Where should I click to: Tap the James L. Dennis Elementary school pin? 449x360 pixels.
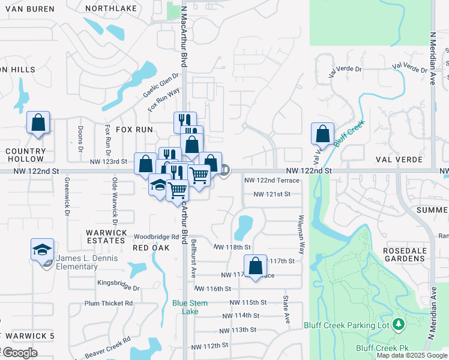43,250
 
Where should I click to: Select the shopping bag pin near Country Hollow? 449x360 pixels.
38,122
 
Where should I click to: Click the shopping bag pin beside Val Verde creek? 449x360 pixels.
323,133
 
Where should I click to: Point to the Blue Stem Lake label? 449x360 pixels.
190,307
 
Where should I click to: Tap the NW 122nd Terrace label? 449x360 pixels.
272,181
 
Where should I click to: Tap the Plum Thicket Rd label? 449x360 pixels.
109,304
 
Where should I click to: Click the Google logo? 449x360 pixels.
19,353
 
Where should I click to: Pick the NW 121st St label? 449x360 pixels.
272,194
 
